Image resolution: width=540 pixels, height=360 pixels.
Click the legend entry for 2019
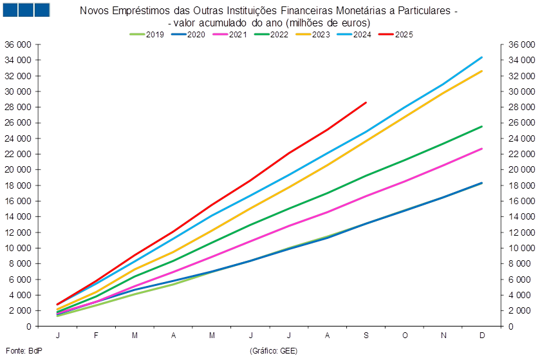[x=147, y=34]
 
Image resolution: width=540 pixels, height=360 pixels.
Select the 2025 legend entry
[x=396, y=34]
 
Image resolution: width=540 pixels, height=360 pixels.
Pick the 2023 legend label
[x=313, y=34]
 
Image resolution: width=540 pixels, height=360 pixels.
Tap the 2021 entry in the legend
[x=230, y=34]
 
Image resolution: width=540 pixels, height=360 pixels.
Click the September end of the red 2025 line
[x=366, y=102]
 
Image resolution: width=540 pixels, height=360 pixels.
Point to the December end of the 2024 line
[x=482, y=57]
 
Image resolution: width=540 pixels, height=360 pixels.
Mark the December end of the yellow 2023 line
[x=482, y=71]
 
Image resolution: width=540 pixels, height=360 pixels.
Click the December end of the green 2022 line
[x=482, y=126]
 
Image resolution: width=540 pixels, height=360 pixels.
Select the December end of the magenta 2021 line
[x=482, y=149]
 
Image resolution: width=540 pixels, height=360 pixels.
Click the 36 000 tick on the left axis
[x=17, y=44]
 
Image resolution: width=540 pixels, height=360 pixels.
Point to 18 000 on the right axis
[x=522, y=185]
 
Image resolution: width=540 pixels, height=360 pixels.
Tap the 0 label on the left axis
[x=29, y=327]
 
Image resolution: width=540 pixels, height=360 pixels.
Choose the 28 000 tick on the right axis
[x=522, y=107]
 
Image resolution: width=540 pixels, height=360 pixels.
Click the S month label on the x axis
[x=366, y=335]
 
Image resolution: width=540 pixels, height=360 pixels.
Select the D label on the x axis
[x=482, y=335]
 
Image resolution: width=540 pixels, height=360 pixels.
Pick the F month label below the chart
[x=96, y=335]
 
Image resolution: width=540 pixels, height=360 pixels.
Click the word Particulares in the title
[x=424, y=11]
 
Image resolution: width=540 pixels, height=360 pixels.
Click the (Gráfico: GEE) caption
[x=274, y=351]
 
